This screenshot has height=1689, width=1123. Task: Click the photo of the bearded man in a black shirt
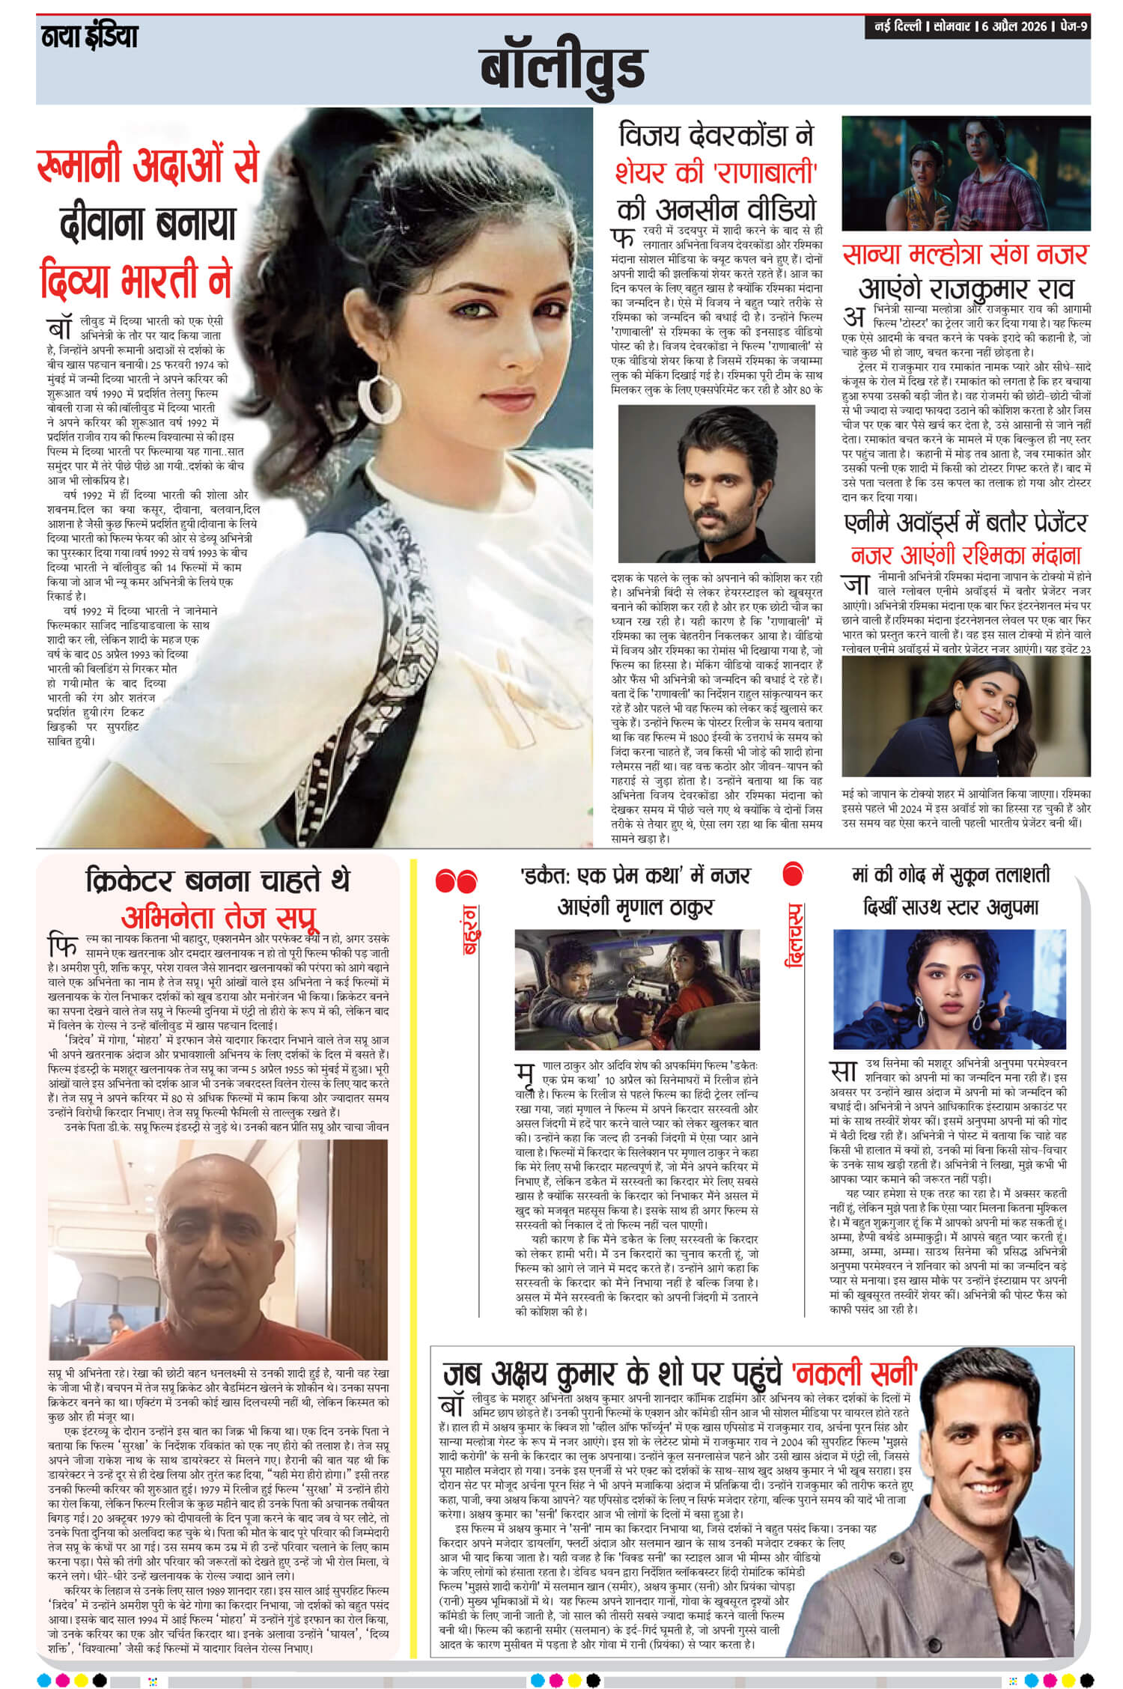point(716,483)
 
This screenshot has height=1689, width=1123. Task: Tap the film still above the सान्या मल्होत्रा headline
point(966,173)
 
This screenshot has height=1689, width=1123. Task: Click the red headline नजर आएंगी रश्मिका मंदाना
point(966,556)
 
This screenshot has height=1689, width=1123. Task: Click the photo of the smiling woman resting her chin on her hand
point(966,716)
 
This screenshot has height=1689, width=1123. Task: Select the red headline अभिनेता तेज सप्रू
point(219,916)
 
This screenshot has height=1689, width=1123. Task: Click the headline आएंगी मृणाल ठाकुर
point(635,907)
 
